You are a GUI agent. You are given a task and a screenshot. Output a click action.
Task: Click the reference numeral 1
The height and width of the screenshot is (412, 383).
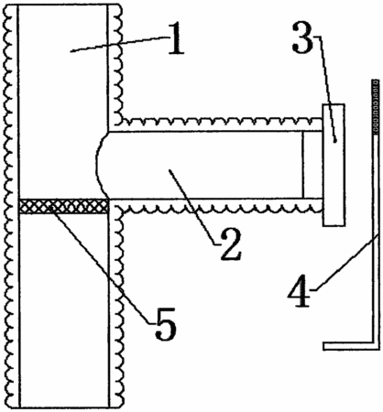176,40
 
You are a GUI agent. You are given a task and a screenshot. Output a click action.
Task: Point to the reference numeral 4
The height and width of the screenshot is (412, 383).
299,291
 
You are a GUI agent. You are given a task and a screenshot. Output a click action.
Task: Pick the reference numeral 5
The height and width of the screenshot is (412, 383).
166,324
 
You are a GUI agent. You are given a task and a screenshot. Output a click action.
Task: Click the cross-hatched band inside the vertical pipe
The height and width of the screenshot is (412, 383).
63,206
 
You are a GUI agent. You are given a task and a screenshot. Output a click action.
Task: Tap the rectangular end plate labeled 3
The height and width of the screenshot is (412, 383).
334,165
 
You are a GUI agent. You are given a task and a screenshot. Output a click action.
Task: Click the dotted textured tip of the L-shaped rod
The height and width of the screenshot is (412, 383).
376,107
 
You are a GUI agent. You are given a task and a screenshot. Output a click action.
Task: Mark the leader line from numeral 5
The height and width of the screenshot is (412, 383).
100,265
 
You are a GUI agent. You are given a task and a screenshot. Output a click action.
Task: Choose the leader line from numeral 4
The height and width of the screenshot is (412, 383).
346,262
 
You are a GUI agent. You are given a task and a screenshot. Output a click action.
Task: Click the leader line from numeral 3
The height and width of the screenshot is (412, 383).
327,89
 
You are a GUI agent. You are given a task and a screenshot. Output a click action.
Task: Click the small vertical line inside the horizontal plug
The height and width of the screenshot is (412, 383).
302,165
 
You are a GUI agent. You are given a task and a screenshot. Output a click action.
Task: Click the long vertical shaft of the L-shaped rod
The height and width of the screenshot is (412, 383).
376,238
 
